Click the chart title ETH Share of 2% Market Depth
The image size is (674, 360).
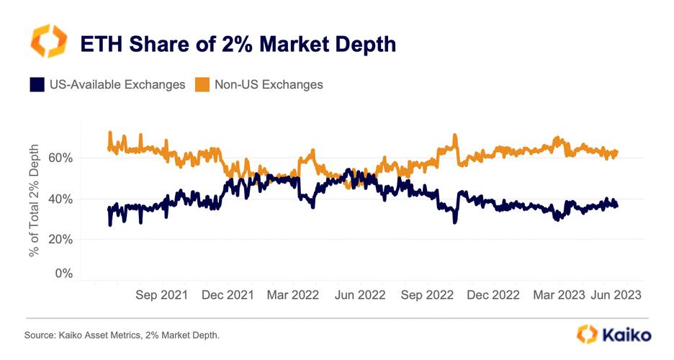pyautogui.click(x=238, y=45)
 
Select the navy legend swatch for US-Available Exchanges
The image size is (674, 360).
pyautogui.click(x=37, y=85)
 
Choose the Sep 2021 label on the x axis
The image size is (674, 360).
pyautogui.click(x=161, y=295)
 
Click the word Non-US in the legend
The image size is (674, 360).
pyautogui.click(x=239, y=85)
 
